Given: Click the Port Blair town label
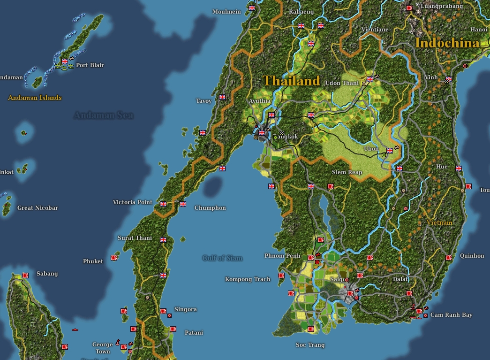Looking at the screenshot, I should point(90,65).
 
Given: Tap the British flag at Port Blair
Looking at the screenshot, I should point(65,61).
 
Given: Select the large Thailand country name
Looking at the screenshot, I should point(291,81).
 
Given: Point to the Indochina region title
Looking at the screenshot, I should point(447,43).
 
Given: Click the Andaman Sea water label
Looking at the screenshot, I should point(104,115).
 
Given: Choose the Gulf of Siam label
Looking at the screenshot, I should point(222,258).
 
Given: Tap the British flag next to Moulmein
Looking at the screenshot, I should point(252,8).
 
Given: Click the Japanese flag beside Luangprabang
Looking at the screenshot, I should point(409,8).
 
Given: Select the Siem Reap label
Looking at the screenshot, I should point(347,172).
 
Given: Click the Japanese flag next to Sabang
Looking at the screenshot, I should point(25,276).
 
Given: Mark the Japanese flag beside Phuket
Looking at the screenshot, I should point(114,258).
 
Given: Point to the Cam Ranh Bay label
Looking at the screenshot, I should point(451,315).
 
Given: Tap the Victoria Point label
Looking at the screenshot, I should point(133,202).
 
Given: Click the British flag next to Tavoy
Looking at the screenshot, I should point(222,97).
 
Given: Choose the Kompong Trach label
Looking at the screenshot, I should point(248,279).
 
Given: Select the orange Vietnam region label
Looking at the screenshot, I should point(439,222).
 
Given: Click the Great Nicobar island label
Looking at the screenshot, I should point(38,208).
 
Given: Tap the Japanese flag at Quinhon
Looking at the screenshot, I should point(449,258).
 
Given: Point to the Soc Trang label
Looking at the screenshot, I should point(310,345).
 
